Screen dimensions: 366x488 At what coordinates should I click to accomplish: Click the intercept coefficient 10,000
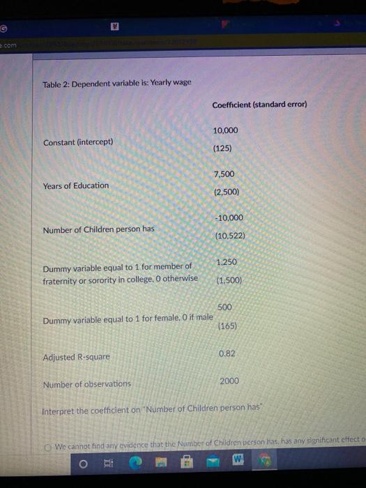click(226, 130)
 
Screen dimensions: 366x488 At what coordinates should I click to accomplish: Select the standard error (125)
click(224, 148)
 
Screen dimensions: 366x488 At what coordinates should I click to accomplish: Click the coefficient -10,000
click(228, 217)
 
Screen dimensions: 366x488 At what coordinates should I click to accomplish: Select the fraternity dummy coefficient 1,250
click(227, 262)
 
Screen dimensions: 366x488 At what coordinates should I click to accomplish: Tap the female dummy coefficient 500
click(224, 307)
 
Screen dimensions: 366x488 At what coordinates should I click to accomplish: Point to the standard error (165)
click(227, 325)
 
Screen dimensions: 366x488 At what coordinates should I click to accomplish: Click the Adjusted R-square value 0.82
click(227, 353)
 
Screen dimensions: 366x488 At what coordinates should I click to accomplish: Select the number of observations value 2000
click(229, 381)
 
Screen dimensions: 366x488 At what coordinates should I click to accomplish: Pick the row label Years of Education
click(76, 185)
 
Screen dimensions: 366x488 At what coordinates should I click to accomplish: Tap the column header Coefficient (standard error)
click(260, 105)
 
